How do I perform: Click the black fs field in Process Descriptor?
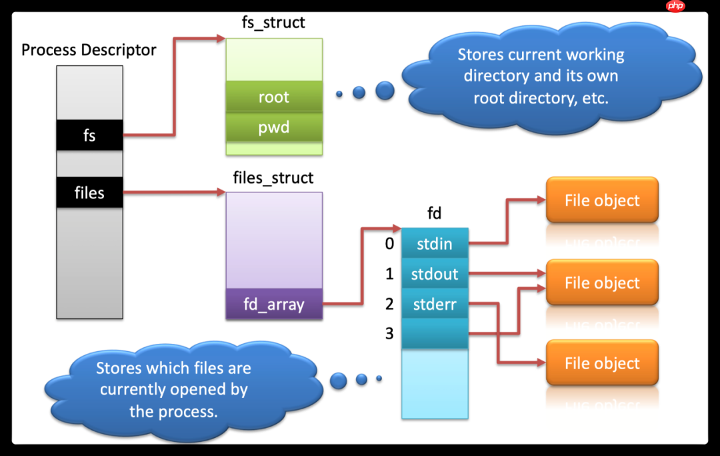click(89, 136)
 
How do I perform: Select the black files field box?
click(89, 193)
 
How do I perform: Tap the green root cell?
click(274, 97)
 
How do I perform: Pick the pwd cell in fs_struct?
click(274, 127)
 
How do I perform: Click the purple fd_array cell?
click(274, 304)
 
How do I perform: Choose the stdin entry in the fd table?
click(435, 244)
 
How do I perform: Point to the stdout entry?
click(435, 274)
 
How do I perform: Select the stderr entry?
click(435, 304)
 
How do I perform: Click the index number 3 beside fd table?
click(389, 333)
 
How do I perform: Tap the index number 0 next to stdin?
click(389, 244)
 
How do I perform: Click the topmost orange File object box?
click(602, 200)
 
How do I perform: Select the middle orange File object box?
click(602, 282)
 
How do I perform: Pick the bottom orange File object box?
click(602, 363)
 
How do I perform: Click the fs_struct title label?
click(273, 22)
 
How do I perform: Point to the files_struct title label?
click(273, 178)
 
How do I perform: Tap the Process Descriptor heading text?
click(89, 49)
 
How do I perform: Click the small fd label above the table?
click(434, 215)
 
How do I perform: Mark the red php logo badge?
click(675, 6)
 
